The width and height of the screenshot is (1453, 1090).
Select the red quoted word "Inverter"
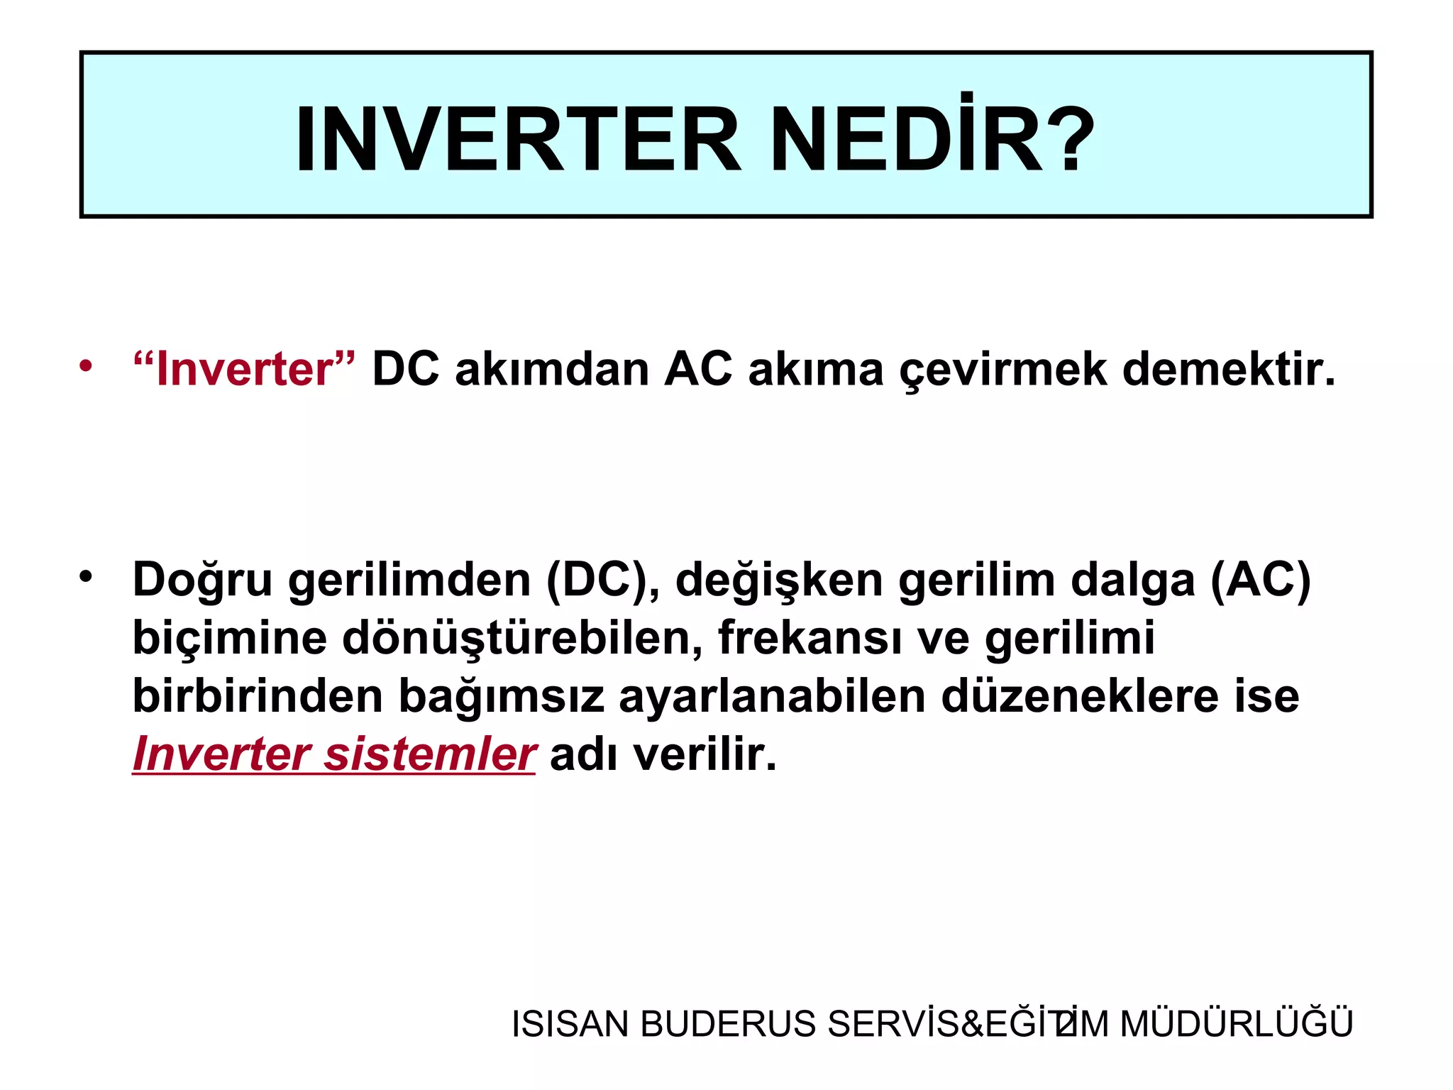[x=244, y=369]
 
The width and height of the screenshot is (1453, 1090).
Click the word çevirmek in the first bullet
[x=1002, y=370]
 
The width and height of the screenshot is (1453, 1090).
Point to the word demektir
[x=1229, y=369]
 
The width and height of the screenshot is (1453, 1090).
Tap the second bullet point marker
[x=86, y=576]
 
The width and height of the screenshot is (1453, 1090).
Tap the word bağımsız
[x=501, y=697]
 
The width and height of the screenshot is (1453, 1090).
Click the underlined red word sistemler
[x=429, y=754]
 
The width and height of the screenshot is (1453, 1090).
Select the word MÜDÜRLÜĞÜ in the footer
[x=1236, y=1023]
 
